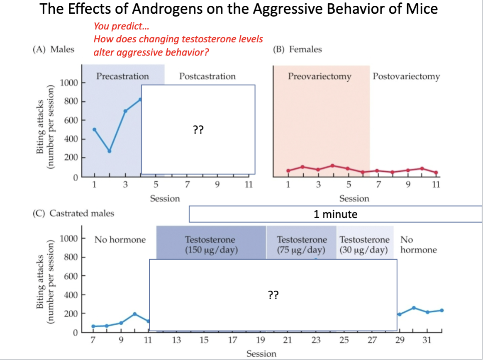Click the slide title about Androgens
coord(239,9)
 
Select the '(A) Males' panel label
coord(54,49)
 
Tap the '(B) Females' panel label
coord(297,49)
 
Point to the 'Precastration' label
coord(122,76)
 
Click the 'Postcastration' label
coord(207,76)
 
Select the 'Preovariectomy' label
coord(320,76)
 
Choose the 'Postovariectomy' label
coord(406,76)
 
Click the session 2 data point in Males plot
coord(110,151)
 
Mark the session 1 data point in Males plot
coord(95,129)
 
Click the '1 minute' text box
coord(335,214)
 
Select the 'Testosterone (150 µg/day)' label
coord(211,245)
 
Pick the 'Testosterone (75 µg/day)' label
coord(301,245)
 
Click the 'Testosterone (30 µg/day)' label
coord(364,245)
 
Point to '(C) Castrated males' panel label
coord(73,214)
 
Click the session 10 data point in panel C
coord(135,314)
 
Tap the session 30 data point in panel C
coord(414,308)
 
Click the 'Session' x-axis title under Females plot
coord(354,199)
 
